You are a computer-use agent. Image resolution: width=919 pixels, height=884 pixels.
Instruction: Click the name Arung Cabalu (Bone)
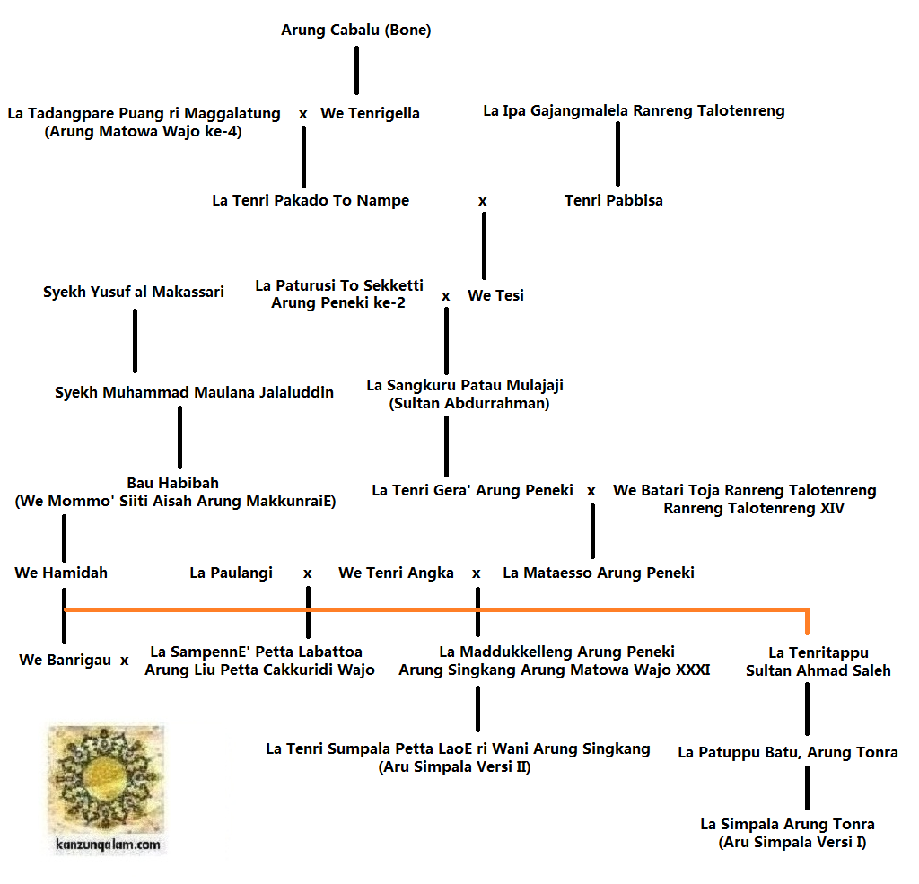tap(356, 31)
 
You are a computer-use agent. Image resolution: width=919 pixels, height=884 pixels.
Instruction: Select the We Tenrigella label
tap(370, 114)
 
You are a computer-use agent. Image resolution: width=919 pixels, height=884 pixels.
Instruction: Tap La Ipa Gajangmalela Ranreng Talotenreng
tap(634, 111)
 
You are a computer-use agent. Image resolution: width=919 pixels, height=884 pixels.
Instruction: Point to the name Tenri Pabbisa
tap(614, 200)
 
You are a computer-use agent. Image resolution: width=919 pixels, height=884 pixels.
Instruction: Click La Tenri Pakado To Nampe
tap(311, 201)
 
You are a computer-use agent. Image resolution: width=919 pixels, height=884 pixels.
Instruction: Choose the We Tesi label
tap(495, 295)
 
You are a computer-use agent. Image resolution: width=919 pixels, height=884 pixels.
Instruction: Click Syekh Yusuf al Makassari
tap(134, 293)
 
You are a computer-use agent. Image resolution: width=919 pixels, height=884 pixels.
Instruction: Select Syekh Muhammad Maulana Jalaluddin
tap(194, 393)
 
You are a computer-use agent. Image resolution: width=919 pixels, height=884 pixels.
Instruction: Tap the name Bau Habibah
tap(172, 483)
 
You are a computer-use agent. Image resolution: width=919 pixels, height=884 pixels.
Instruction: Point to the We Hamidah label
tap(61, 573)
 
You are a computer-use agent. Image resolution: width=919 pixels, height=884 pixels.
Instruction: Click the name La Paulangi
tap(232, 573)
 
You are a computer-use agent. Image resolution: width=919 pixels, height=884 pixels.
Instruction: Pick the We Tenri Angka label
tap(396, 573)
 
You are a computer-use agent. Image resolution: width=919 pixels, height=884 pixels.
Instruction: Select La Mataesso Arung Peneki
tap(599, 573)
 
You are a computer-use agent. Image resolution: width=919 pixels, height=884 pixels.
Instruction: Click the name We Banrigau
tap(66, 661)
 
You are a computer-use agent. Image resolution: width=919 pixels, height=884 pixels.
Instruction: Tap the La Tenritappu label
tap(818, 652)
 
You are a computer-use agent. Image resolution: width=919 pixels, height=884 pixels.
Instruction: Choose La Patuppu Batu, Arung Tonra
tap(788, 752)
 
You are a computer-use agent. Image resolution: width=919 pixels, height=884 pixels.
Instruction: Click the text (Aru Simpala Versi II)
tap(454, 766)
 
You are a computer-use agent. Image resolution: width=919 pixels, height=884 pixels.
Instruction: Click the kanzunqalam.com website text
tap(107, 845)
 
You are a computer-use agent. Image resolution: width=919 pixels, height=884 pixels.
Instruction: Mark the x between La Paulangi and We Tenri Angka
tap(308, 573)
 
